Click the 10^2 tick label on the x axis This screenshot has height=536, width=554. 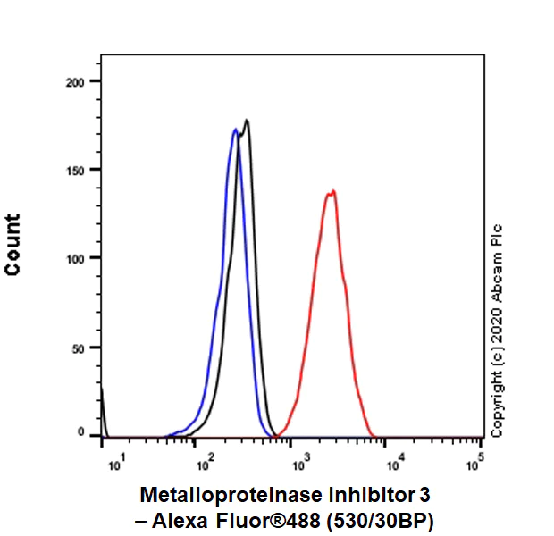pos(206,459)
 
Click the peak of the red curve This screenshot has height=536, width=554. pos(332,190)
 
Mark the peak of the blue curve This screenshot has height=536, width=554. pos(235,130)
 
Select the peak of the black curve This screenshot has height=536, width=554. pos(247,121)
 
